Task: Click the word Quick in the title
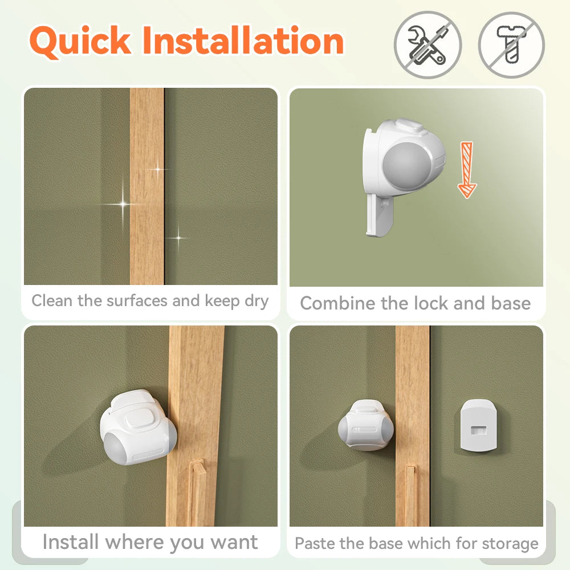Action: pos(80,41)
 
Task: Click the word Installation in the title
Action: pos(243,40)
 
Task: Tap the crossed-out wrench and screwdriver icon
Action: pos(428,44)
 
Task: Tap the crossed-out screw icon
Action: pos(511,44)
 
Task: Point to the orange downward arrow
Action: pos(467,170)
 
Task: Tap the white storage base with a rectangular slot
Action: pos(478,425)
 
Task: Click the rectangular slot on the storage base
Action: pos(478,430)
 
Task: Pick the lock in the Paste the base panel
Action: pos(366,425)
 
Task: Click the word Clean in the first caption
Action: pos(52,300)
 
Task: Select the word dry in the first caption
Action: pos(256,302)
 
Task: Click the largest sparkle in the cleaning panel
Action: pos(123,204)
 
